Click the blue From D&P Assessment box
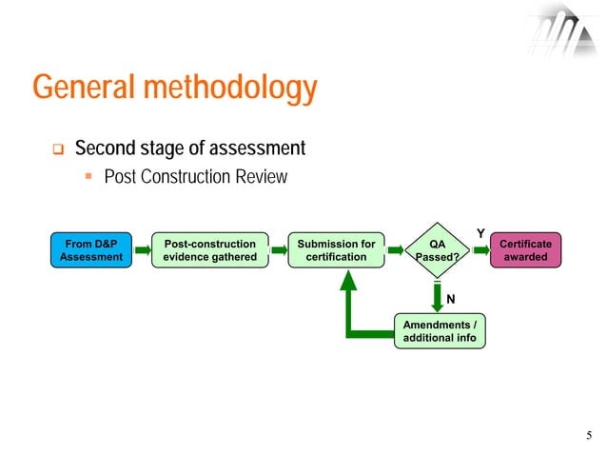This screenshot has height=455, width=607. tap(90, 250)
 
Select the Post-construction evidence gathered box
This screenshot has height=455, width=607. tap(210, 250)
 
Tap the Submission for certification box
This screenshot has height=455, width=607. tap(336, 250)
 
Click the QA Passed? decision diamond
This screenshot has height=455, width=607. tap(438, 250)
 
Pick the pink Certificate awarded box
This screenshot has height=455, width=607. tap(525, 250)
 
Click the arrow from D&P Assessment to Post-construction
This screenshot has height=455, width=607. tap(141, 250)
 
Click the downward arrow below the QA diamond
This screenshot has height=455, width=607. tap(438, 295)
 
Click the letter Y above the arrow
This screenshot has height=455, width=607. tap(480, 233)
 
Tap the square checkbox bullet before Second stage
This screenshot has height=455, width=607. tap(56, 149)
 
